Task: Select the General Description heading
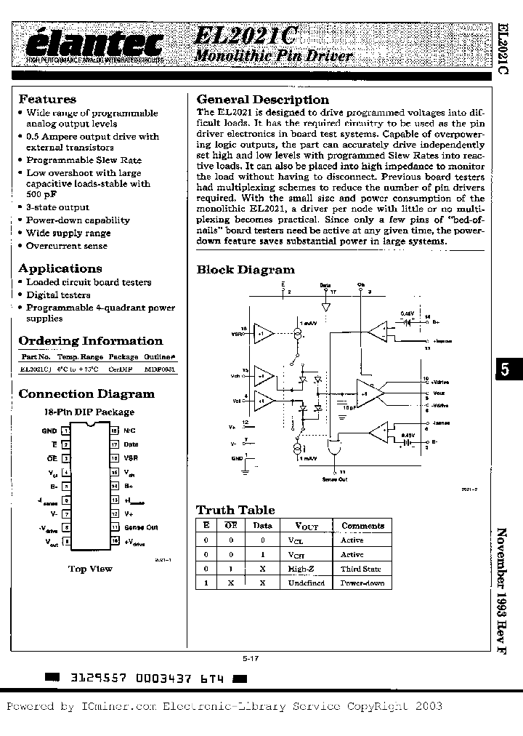(x=263, y=100)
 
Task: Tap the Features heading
(x=47, y=100)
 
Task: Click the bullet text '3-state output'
(x=58, y=207)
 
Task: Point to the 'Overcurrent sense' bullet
(x=67, y=246)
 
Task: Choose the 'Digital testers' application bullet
(x=58, y=295)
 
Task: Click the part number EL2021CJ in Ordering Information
(x=36, y=369)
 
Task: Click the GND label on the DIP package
(x=49, y=431)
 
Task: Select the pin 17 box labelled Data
(x=114, y=444)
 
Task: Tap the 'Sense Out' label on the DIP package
(x=141, y=527)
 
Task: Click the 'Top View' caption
(x=90, y=569)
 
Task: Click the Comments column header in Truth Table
(x=362, y=525)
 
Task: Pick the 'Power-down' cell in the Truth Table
(x=362, y=583)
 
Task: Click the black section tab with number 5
(x=507, y=369)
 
